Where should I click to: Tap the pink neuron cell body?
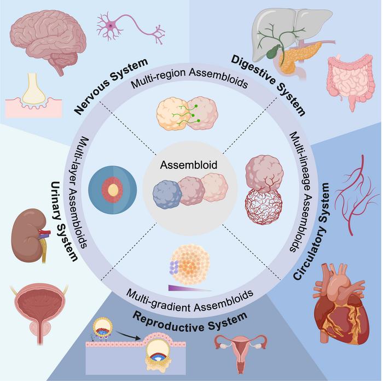pos(111,25)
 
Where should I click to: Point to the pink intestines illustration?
pos(351,80)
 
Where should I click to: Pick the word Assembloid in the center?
pos(189,165)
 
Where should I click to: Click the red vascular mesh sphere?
pos(263,206)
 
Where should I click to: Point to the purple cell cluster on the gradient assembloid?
pos(174,267)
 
